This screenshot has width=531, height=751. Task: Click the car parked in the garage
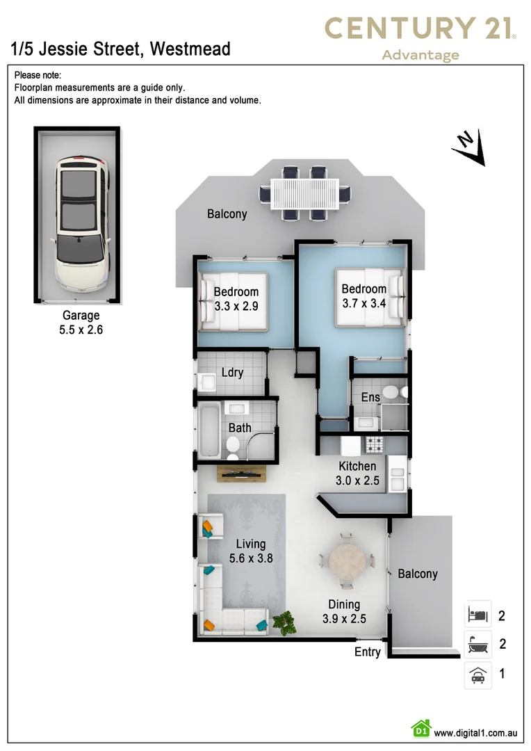click(x=82, y=223)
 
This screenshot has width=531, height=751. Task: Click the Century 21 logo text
click(x=420, y=29)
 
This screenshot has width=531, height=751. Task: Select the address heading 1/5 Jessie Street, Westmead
click(x=121, y=49)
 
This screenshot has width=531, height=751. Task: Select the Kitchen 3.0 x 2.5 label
click(x=357, y=473)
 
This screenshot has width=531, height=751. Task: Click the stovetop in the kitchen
click(x=375, y=443)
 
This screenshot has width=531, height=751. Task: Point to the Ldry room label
click(x=232, y=373)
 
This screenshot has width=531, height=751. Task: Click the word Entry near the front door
click(x=368, y=652)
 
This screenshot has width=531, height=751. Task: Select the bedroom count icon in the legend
click(x=477, y=615)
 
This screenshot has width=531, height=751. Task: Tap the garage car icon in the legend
click(x=477, y=675)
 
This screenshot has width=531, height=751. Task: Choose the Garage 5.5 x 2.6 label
click(x=81, y=323)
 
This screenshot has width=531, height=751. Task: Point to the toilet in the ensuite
click(x=389, y=394)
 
